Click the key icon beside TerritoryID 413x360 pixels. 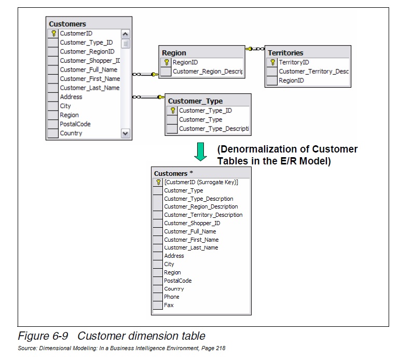pyautogui.click(x=273, y=62)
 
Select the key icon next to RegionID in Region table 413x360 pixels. pyautogui.click(x=167, y=62)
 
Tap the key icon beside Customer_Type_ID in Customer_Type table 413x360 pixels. pyautogui.click(x=173, y=110)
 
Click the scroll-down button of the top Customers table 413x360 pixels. pyautogui.click(x=125, y=133)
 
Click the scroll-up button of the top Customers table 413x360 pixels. pyautogui.click(x=125, y=34)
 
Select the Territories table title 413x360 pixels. pyautogui.click(x=285, y=53)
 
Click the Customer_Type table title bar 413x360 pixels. pyautogui.click(x=195, y=101)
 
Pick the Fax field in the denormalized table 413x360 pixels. pyautogui.click(x=169, y=305)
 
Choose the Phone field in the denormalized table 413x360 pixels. pyautogui.click(x=171, y=297)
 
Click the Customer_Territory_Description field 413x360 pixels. pyautogui.click(x=203, y=215)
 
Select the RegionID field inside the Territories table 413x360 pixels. pyautogui.click(x=291, y=80)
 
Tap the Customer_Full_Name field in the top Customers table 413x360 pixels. pyautogui.click(x=88, y=70)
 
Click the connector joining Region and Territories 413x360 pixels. pyautogui.click(x=255, y=49)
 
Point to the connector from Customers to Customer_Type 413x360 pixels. pyautogui.click(x=148, y=96)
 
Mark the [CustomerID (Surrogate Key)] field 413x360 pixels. pyautogui.click(x=201, y=182)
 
